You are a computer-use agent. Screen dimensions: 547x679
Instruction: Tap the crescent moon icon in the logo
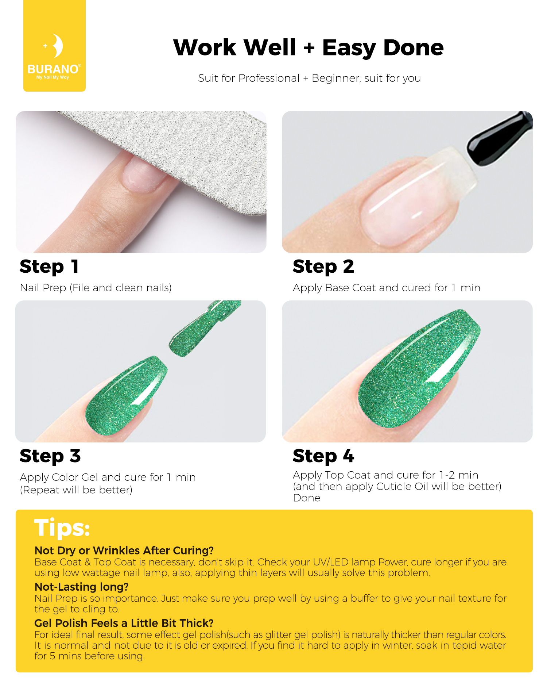pyautogui.click(x=58, y=46)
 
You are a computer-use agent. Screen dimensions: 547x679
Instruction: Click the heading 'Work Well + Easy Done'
pyautogui.click(x=309, y=48)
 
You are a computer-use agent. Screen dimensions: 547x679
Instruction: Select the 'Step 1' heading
pyautogui.click(x=49, y=266)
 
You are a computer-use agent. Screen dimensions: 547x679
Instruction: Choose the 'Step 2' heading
pyautogui.click(x=323, y=266)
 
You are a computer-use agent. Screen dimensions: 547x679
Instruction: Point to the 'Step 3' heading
pyautogui.click(x=50, y=456)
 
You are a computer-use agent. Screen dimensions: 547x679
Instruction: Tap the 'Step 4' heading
pyautogui.click(x=323, y=456)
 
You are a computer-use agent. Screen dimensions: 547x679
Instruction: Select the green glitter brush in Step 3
pyautogui.click(x=204, y=329)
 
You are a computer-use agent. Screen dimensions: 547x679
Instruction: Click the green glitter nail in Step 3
pyautogui.click(x=126, y=396)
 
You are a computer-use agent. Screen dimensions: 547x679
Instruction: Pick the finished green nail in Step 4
pyautogui.click(x=419, y=369)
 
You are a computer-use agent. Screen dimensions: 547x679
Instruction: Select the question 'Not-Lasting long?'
pyautogui.click(x=81, y=587)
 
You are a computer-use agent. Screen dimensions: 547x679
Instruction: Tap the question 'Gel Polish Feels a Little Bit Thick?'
pyautogui.click(x=124, y=623)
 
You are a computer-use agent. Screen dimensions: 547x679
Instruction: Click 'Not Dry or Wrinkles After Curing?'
pyautogui.click(x=124, y=551)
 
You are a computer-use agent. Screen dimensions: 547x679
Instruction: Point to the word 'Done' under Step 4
pyautogui.click(x=307, y=498)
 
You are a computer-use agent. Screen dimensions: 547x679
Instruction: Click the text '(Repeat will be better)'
pyautogui.click(x=76, y=490)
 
